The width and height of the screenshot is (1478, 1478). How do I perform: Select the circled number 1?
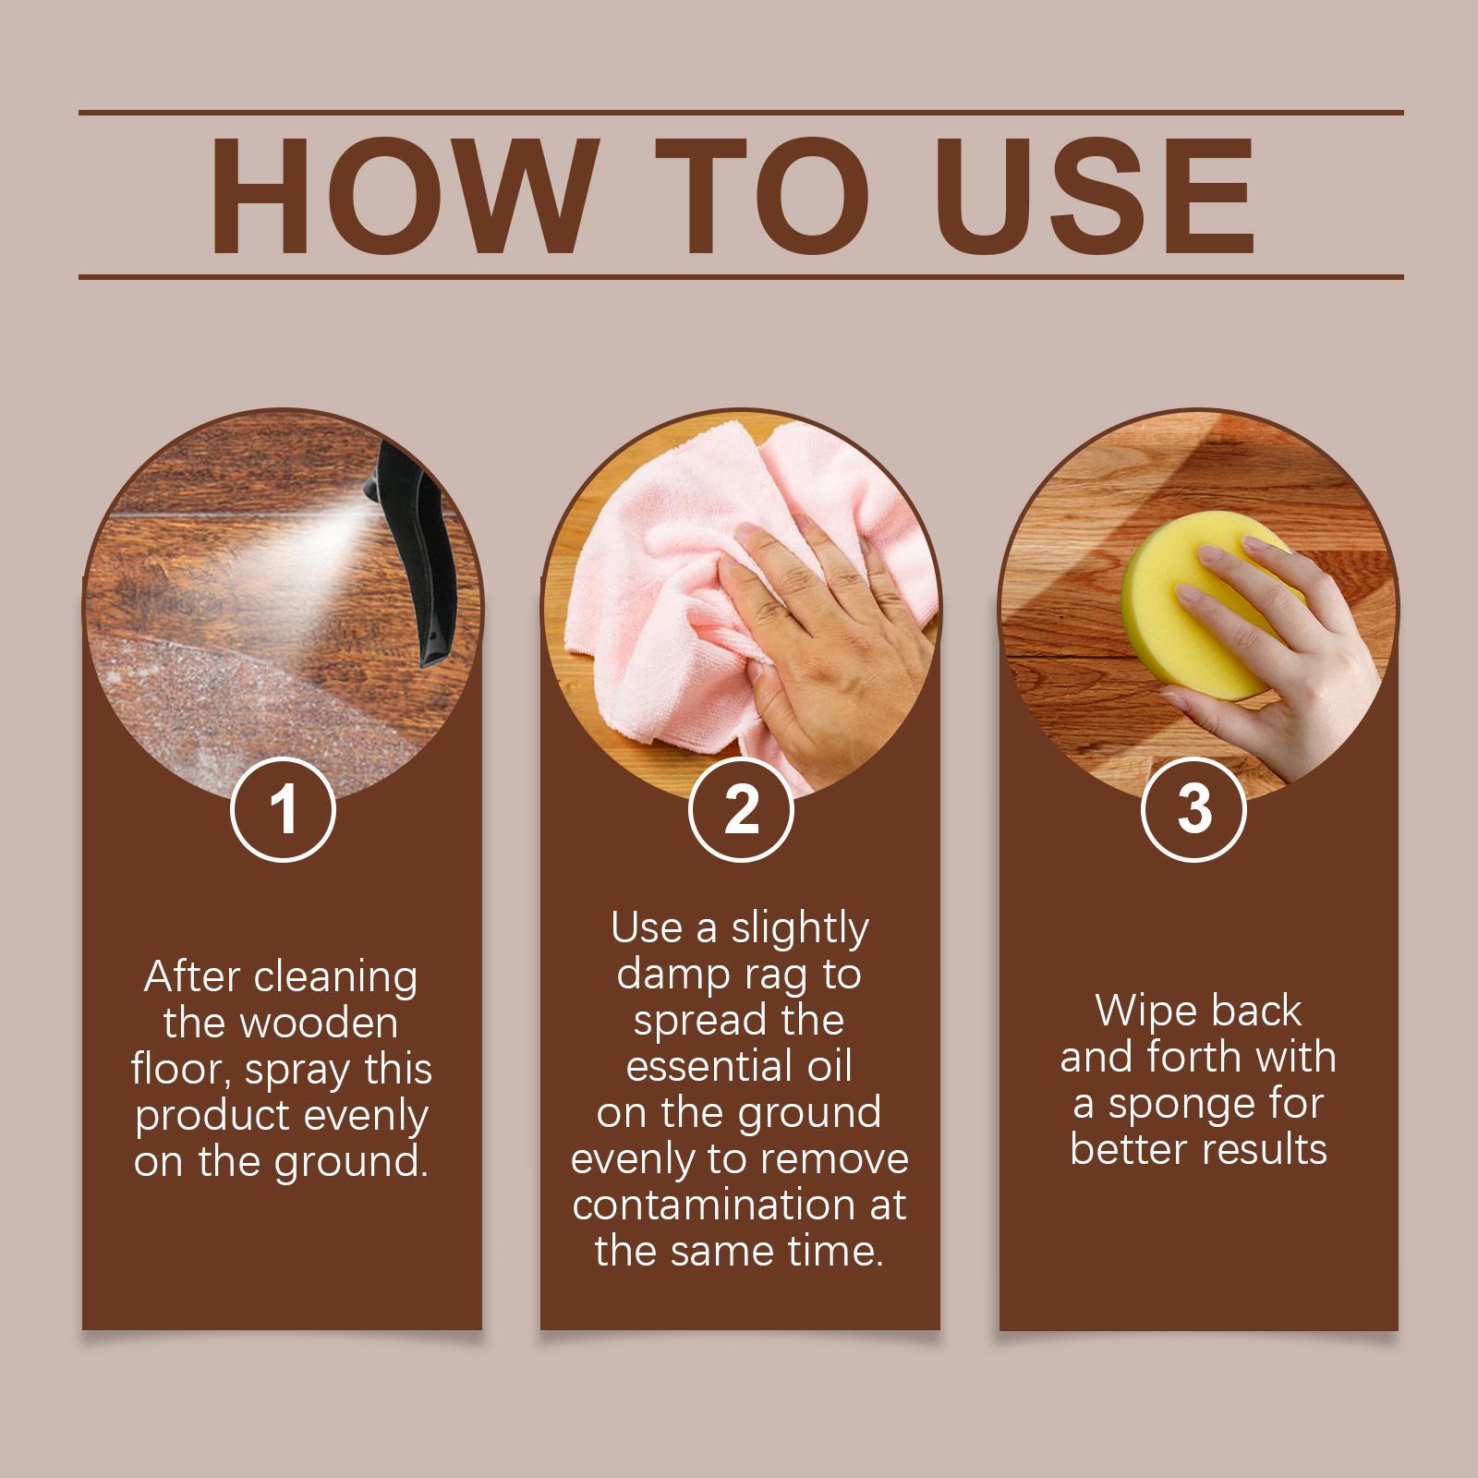click(282, 810)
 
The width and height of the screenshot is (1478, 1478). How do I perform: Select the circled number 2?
click(741, 810)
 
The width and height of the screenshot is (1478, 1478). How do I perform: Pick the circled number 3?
click(1194, 810)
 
